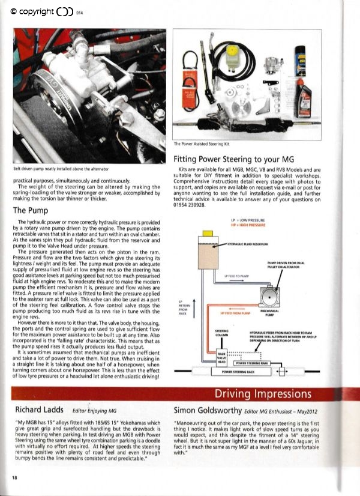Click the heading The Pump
pos(31,210)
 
